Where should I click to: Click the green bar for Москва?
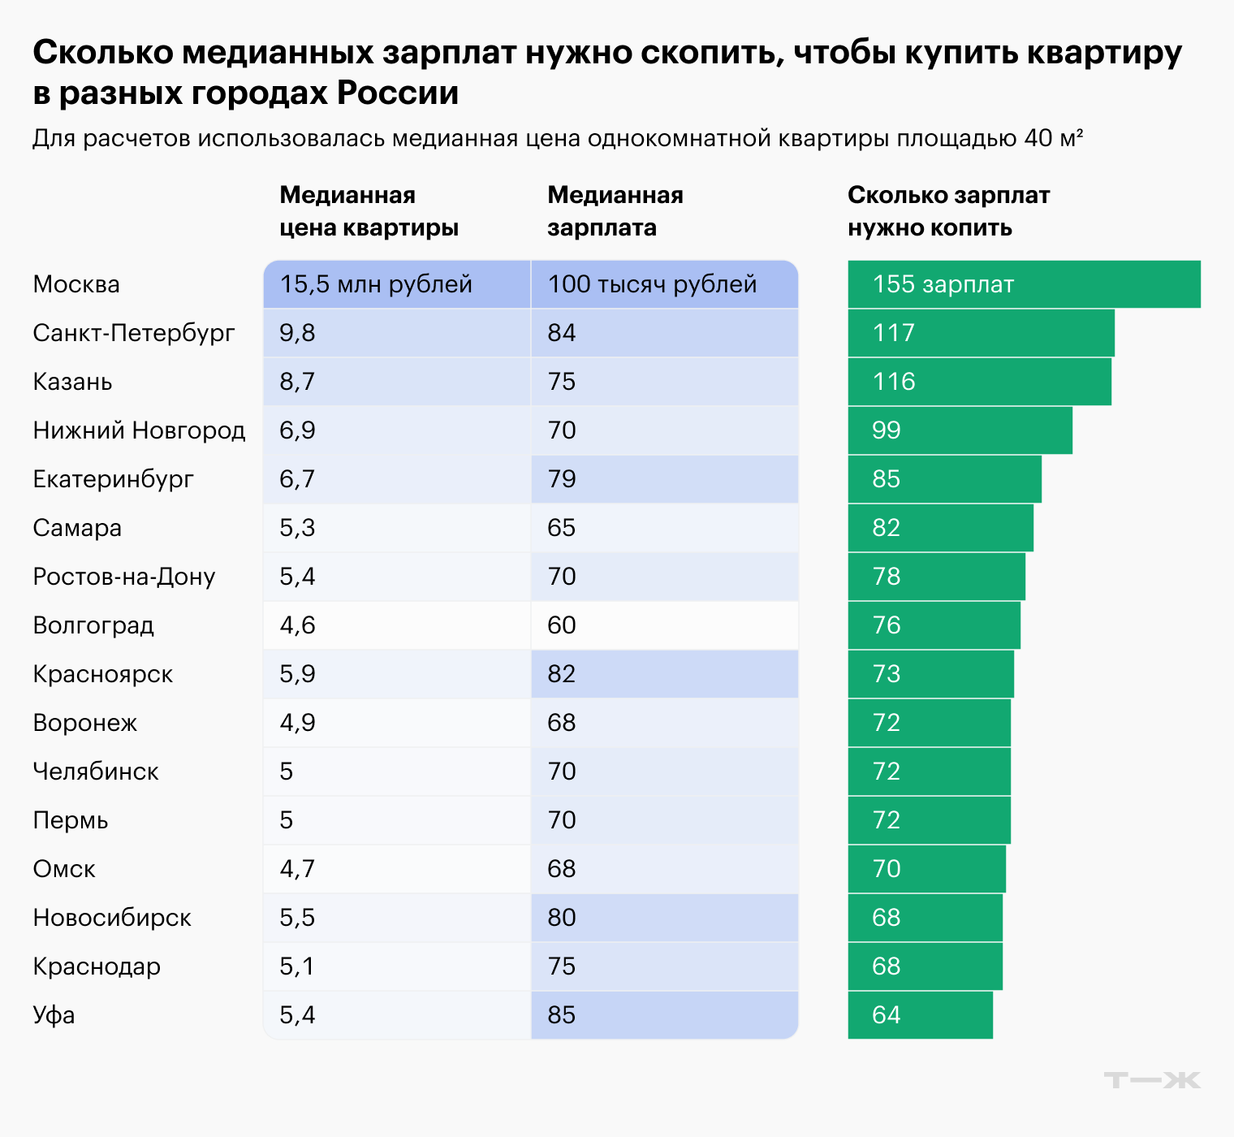[x=1023, y=284]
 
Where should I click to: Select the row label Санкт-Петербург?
[x=134, y=333]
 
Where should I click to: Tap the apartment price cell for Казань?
[x=396, y=382]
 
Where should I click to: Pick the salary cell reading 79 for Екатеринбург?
[x=664, y=479]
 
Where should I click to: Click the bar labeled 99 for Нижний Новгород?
[x=960, y=430]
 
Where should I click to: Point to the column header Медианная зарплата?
[x=615, y=211]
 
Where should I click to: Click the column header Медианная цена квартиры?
[x=369, y=211]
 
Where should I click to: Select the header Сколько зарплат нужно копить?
[x=948, y=211]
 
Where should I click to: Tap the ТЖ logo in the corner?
[x=1151, y=1080]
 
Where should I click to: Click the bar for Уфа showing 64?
[x=920, y=1015]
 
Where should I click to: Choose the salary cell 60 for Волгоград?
[x=664, y=625]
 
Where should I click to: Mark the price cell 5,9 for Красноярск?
[x=396, y=674]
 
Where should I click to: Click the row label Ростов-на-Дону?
[x=124, y=577]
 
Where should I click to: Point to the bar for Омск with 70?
[x=926, y=869]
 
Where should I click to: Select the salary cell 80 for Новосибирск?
[x=664, y=918]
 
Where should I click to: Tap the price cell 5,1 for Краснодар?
[x=396, y=966]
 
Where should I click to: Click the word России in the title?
[x=398, y=93]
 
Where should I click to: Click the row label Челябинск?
[x=96, y=772]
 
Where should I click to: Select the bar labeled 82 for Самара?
[x=940, y=528]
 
